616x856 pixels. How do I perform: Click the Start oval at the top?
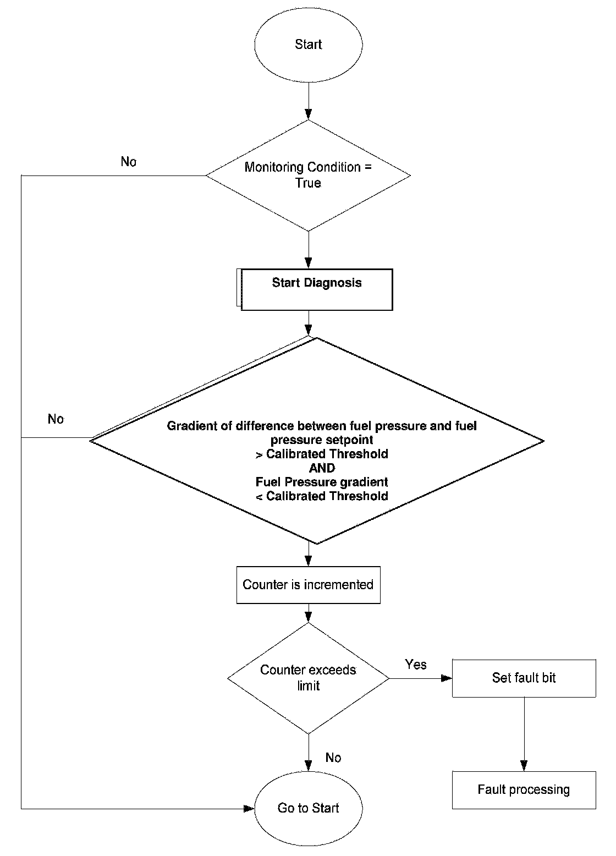(309, 45)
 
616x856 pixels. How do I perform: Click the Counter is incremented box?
(309, 585)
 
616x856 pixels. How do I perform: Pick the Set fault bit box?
(524, 678)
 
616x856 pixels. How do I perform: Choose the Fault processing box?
(524, 791)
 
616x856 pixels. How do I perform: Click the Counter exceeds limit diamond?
(309, 678)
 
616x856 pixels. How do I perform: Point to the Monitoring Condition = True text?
(308, 175)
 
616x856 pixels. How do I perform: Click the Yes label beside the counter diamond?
(416, 665)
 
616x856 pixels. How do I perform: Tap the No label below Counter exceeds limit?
(333, 758)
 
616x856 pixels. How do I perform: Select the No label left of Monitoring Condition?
(128, 162)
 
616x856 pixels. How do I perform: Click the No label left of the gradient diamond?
(56, 419)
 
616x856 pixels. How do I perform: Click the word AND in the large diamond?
(322, 468)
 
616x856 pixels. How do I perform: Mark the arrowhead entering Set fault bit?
(447, 678)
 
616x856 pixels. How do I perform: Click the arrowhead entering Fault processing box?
(524, 766)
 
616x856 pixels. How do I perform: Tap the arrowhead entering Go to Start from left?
(249, 809)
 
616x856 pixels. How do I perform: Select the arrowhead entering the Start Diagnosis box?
(309, 263)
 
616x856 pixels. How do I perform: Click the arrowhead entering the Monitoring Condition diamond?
(309, 114)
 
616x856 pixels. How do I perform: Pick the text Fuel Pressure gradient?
(322, 482)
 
